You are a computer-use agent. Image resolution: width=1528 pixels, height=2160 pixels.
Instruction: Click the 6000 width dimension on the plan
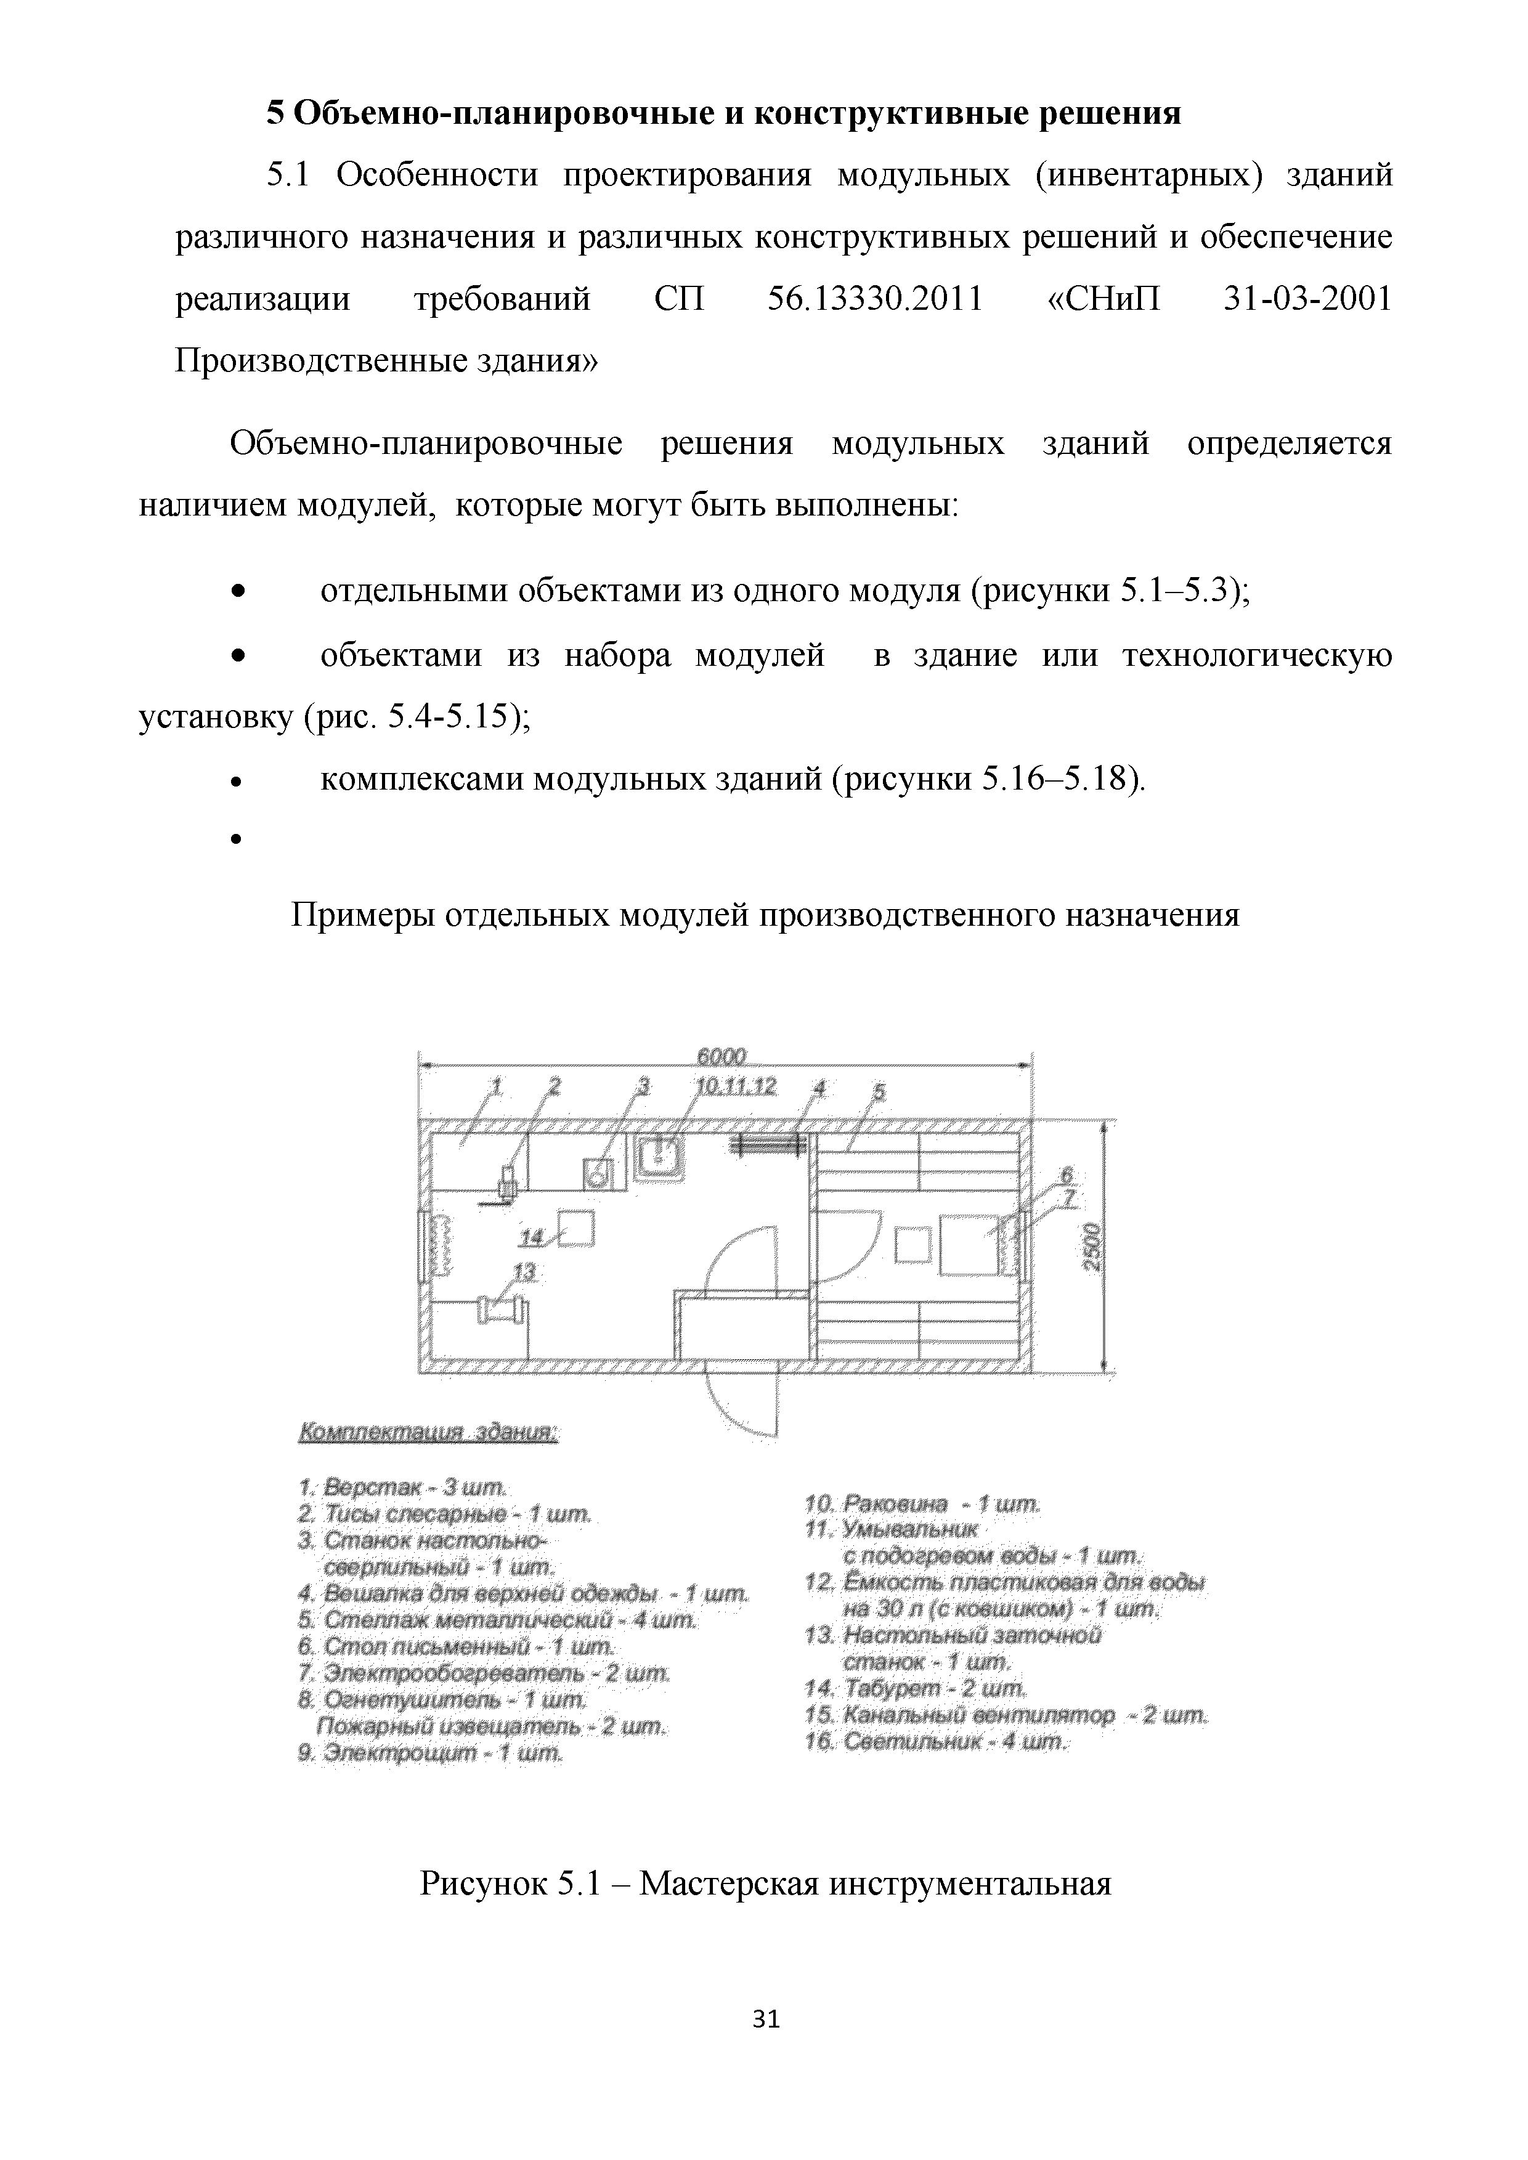(x=721, y=1056)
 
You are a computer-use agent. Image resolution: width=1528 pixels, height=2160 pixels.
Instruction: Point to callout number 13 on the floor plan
(x=524, y=1272)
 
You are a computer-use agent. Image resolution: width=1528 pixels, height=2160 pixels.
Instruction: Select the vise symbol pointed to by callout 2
(x=508, y=1183)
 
